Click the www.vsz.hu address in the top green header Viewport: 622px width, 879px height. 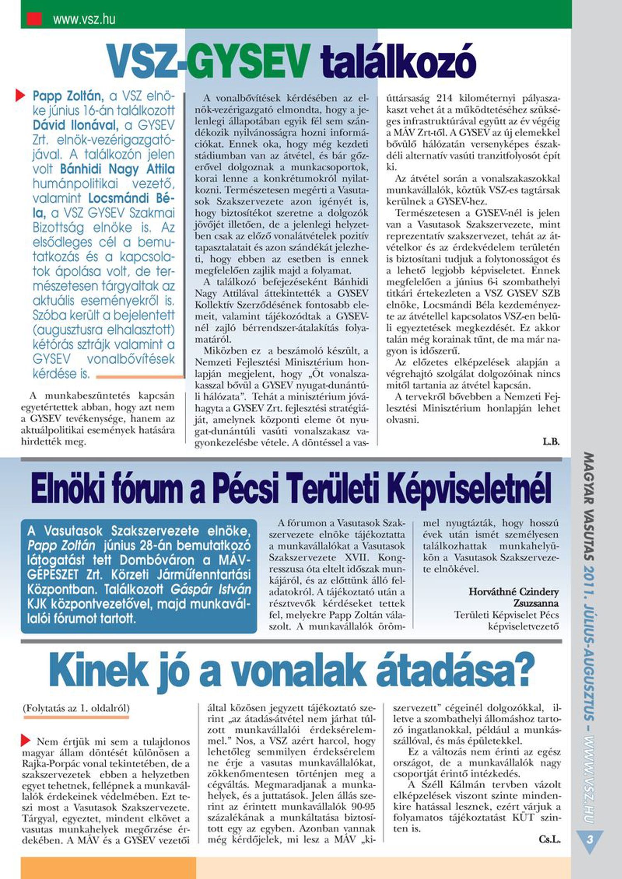point(84,19)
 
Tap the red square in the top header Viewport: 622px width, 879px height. point(34,19)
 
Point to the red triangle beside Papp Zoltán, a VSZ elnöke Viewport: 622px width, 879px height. point(20,96)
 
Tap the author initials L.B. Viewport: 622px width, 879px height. point(551,442)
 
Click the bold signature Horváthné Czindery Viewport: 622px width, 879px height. point(514,592)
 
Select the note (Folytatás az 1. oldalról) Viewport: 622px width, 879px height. point(76,708)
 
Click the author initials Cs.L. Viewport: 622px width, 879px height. point(550,840)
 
